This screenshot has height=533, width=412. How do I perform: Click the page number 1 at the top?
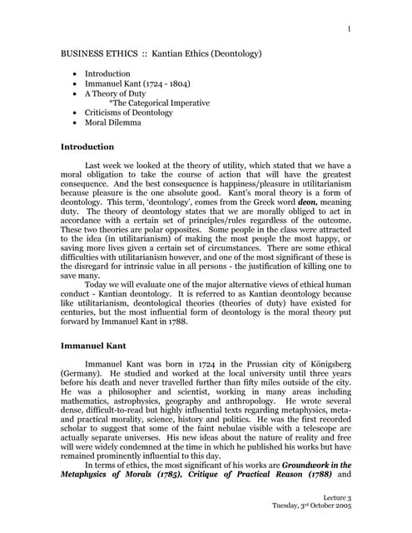coord(350,30)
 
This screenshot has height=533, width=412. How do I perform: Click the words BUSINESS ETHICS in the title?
coord(94,54)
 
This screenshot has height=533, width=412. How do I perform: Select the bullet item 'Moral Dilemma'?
coord(112,122)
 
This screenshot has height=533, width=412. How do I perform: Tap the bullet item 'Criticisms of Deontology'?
coord(128,112)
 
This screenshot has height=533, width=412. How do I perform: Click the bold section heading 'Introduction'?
coord(87,147)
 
